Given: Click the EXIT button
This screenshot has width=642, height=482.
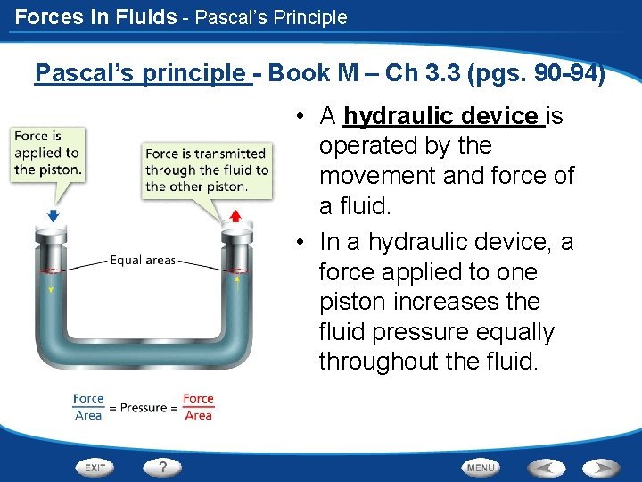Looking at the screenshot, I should [x=95, y=467].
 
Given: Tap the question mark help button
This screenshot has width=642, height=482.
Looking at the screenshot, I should [x=162, y=467].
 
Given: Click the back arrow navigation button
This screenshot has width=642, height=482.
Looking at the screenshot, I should [x=547, y=467].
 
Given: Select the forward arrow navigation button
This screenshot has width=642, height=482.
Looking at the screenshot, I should [x=601, y=467].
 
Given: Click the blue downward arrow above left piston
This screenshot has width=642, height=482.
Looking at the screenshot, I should [x=53, y=215].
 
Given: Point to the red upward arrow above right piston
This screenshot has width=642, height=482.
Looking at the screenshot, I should [x=235, y=215].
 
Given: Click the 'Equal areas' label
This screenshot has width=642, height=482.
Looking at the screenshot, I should [x=143, y=261].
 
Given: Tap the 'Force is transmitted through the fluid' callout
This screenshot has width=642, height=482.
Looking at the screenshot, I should [x=206, y=170].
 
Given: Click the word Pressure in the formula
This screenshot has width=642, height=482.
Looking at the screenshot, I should [x=144, y=408].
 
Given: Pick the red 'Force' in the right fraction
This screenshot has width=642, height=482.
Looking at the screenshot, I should [x=198, y=399].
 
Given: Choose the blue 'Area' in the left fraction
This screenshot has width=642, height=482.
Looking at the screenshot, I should [x=88, y=416].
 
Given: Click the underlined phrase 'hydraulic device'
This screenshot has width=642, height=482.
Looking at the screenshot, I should [x=442, y=116].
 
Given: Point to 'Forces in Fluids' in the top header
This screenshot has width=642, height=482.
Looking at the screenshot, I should [x=95, y=17].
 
